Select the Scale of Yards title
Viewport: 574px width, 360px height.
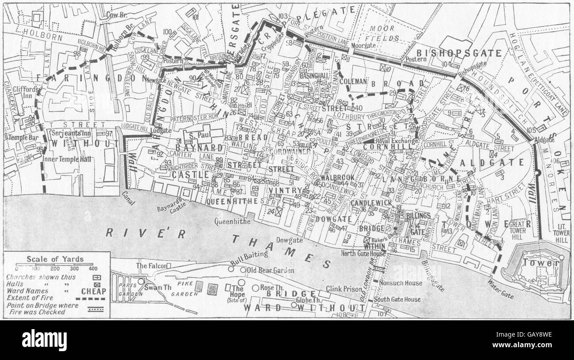click(55, 259)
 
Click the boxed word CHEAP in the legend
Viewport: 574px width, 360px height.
click(94, 291)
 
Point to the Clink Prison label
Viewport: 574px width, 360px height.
click(344, 289)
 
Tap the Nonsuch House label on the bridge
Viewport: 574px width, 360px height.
click(400, 283)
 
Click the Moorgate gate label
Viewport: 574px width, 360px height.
click(363, 45)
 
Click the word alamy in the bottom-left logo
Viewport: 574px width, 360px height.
click(44, 340)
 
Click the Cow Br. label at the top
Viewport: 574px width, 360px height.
click(116, 15)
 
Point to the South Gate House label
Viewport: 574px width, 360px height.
click(397, 300)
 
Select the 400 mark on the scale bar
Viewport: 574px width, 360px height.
click(92, 269)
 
